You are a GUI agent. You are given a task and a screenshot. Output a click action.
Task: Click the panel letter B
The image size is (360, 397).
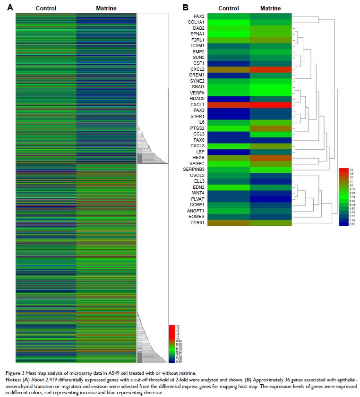pos(185,8)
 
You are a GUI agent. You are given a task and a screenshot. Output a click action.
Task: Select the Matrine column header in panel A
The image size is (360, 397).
pos(106,8)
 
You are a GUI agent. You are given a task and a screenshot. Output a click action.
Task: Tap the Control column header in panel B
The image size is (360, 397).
pos(229,8)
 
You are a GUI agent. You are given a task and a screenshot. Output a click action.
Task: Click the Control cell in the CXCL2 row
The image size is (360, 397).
pos(229,69)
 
